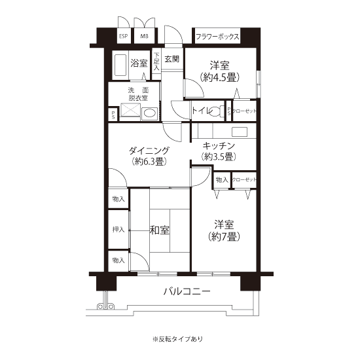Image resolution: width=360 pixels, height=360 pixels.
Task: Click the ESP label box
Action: coord(124,36)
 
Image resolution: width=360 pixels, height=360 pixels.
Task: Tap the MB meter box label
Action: coord(144,36)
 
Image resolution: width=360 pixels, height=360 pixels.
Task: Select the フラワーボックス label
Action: coord(217,37)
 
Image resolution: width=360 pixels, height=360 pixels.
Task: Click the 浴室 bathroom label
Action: coord(139,63)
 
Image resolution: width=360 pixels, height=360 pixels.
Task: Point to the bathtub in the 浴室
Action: coord(120,65)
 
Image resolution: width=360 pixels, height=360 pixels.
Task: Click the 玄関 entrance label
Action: coord(172,59)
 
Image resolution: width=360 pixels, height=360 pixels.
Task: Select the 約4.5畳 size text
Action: coord(220,77)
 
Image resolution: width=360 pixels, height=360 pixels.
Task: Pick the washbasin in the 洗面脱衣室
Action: coord(149,114)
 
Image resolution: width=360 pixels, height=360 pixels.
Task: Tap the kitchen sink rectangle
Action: coord(240,132)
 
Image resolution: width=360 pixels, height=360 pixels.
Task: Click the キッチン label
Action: coord(219,146)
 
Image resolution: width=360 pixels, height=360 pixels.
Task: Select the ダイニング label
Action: coord(149,151)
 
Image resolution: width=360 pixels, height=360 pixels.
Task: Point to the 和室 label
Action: coord(159,230)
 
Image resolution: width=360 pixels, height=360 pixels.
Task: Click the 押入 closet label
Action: coord(118,229)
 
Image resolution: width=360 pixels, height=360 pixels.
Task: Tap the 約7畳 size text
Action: coord(224,236)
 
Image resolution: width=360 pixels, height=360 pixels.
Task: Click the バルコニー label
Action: coord(187,291)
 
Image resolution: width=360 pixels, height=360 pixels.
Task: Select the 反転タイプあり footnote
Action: coord(178,339)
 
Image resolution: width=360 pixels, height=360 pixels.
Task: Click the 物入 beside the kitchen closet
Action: coord(222,180)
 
